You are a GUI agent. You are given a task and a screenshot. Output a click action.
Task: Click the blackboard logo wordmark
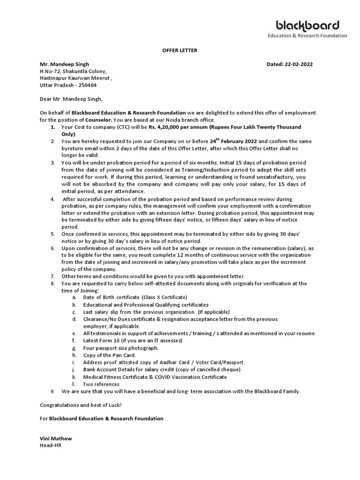[x=307, y=25]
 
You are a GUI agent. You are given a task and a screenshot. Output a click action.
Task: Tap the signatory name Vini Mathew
[x=55, y=438]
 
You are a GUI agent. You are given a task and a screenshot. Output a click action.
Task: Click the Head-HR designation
[x=50, y=445]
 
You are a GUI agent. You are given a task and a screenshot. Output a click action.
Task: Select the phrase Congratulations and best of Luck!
[x=80, y=405]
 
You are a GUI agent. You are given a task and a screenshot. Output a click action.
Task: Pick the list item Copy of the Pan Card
[x=109, y=355]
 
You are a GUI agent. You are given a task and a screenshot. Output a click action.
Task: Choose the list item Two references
[x=101, y=384]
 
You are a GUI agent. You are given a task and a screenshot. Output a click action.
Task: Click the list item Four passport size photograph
[x=120, y=348]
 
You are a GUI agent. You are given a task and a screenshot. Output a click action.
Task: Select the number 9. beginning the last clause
[x=53, y=391]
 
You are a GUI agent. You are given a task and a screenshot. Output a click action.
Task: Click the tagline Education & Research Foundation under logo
[x=307, y=36]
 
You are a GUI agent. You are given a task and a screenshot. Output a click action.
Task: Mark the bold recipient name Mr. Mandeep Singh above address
[x=64, y=64]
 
